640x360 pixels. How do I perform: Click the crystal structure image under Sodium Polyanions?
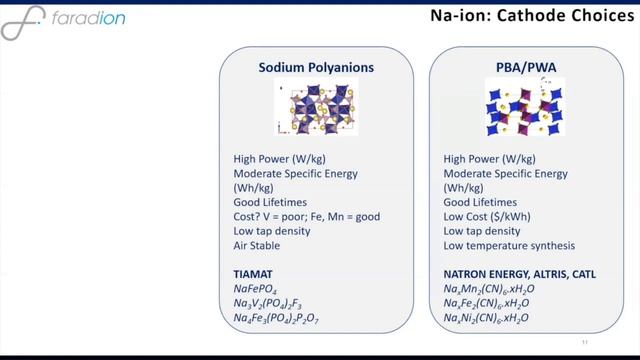coord(315,108)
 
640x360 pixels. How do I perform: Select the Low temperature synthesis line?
coord(509,246)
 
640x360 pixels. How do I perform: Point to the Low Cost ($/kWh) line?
coord(488,216)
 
